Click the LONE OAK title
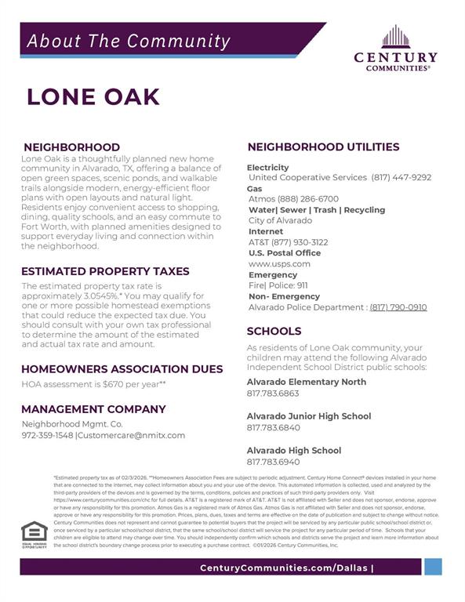pos(93,96)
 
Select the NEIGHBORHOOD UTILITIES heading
pos(323,147)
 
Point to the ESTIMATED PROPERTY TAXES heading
pos(105,271)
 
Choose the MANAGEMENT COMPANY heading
pos(93,408)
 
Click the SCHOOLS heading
pos(274,332)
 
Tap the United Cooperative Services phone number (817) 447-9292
pos(401,177)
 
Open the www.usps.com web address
pos(279,264)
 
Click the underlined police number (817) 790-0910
pos(398,307)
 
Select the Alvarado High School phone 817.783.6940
pos(273,462)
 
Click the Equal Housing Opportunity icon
pos(34,532)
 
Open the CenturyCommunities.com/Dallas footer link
pos(285,568)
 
